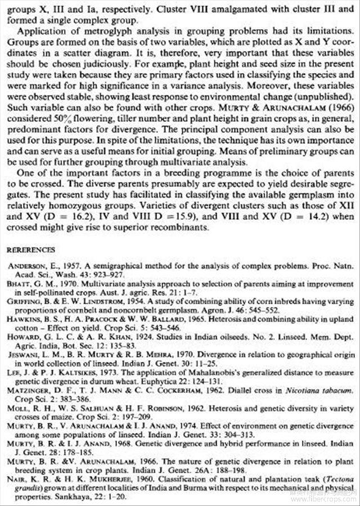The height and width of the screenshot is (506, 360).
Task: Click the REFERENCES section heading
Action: click(x=30, y=249)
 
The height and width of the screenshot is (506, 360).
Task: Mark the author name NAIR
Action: click(x=17, y=479)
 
